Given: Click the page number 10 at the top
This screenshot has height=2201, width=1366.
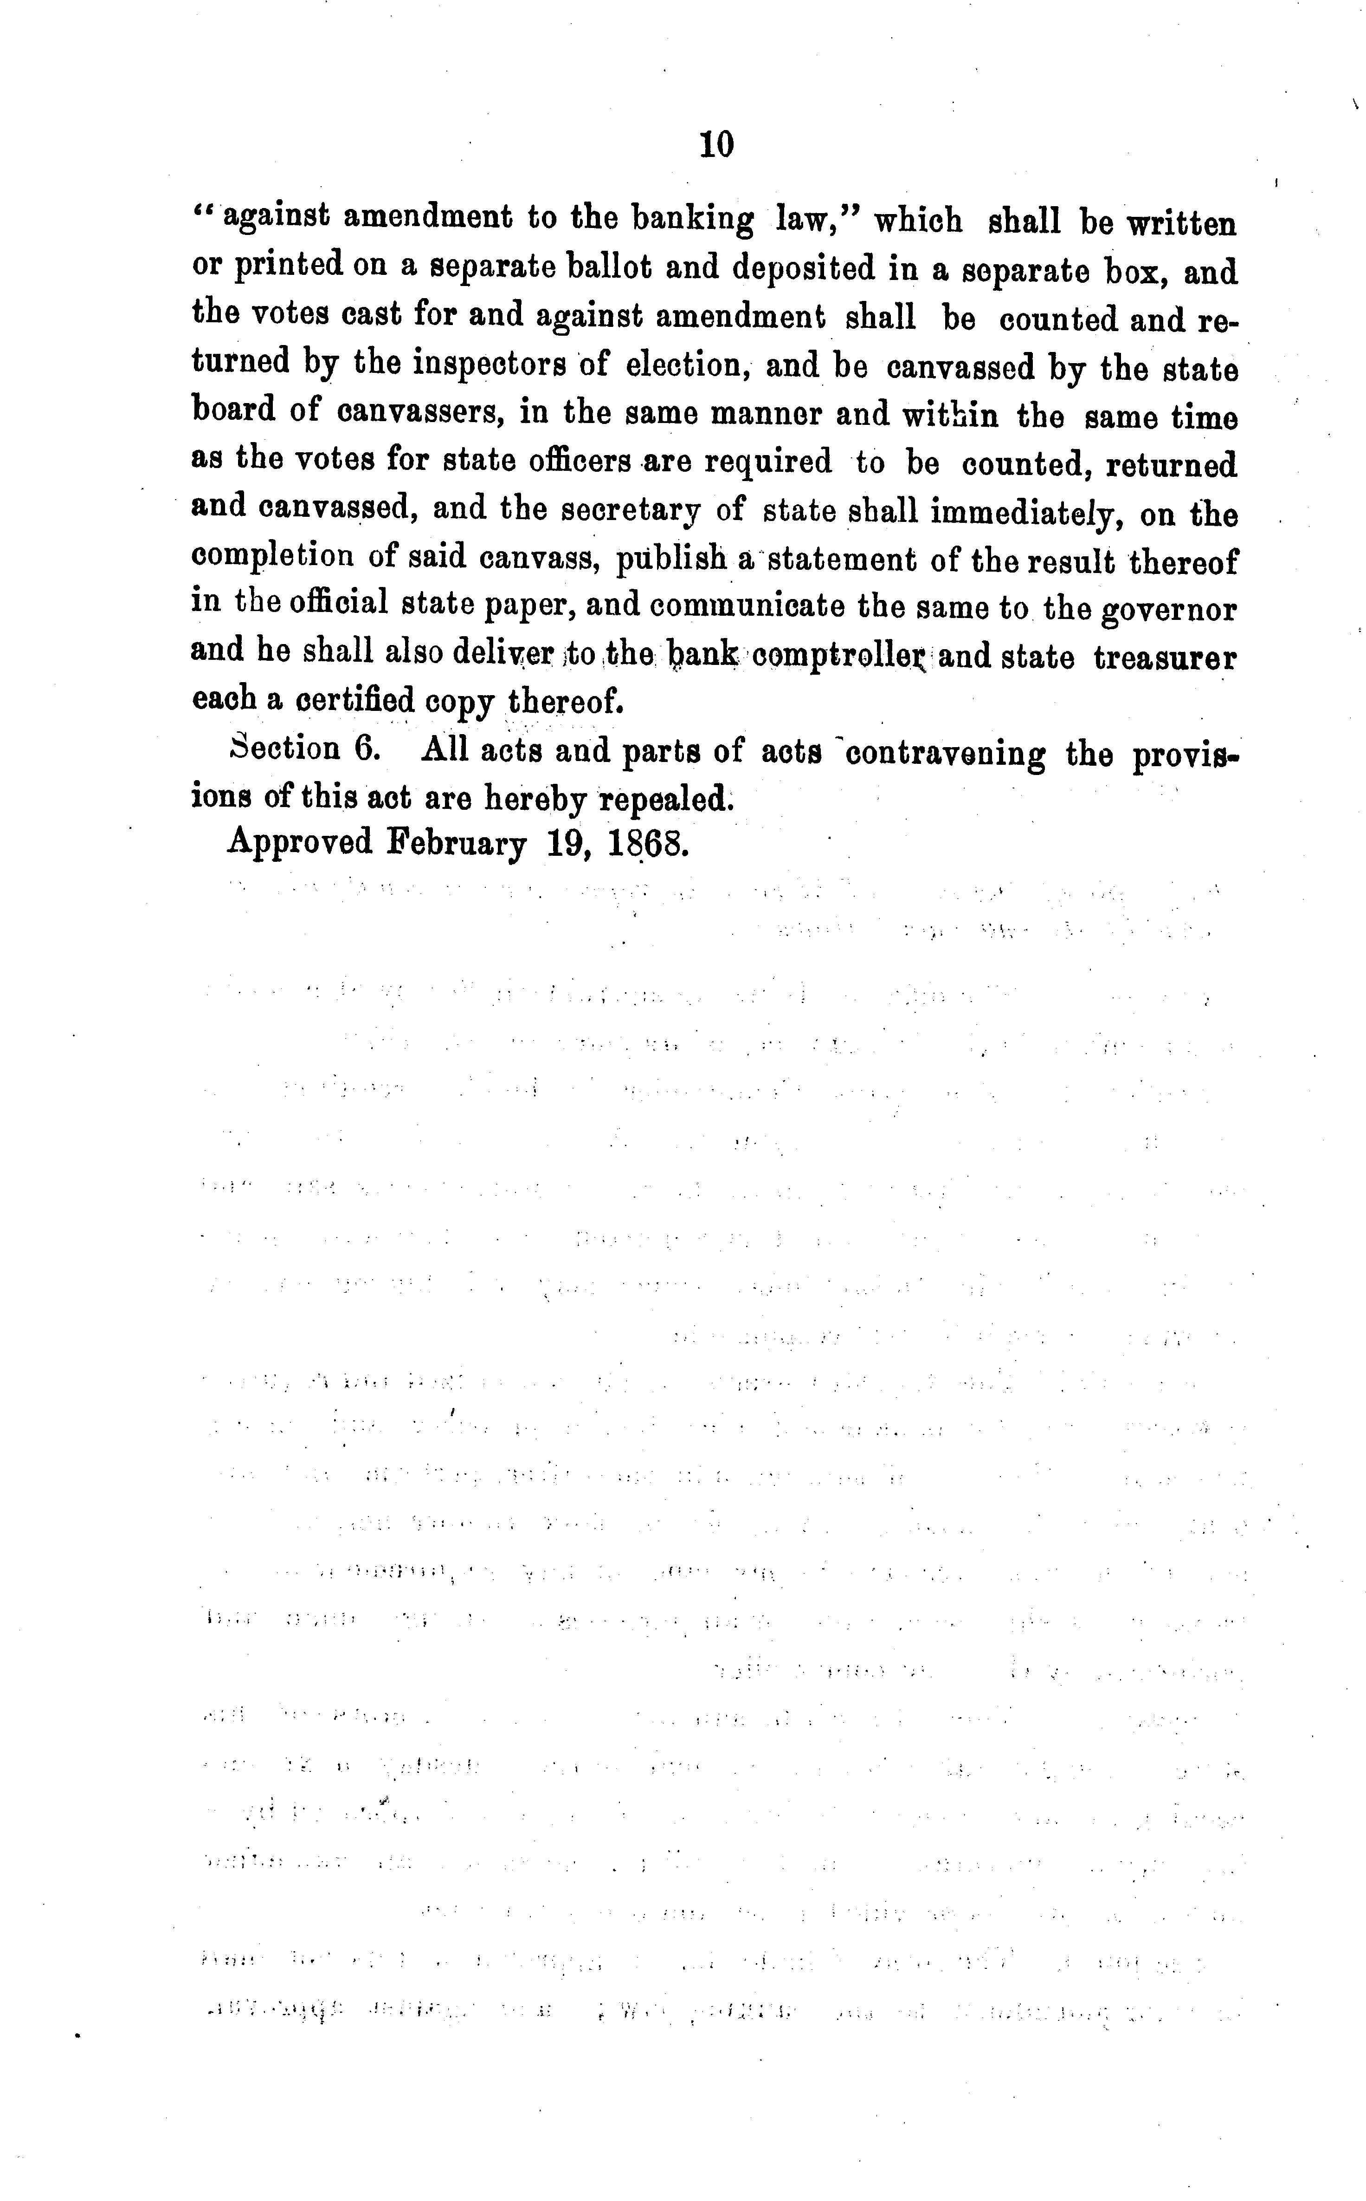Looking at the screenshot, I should [716, 144].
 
